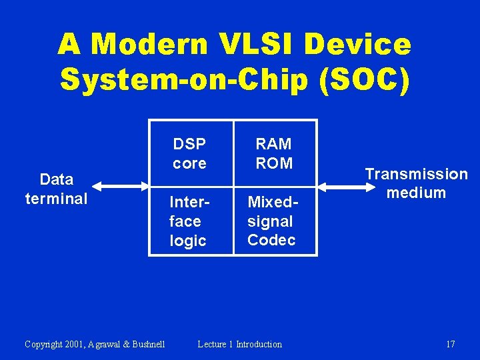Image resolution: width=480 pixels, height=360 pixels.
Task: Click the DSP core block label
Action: click(189, 153)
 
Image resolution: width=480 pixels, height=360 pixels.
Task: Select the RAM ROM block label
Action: click(274, 153)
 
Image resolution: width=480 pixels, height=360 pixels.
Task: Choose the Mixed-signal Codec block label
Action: click(271, 221)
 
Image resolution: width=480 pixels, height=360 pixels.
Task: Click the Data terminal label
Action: click(57, 189)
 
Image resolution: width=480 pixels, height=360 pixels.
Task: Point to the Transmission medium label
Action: click(416, 183)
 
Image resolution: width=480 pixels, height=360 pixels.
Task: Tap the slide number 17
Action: click(451, 344)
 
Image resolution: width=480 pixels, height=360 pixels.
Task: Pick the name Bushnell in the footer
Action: click(147, 344)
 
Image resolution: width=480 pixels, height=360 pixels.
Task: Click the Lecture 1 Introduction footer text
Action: click(240, 344)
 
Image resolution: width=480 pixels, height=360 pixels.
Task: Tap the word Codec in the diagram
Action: click(271, 240)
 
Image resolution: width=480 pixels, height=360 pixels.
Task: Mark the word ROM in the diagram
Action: click(274, 163)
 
